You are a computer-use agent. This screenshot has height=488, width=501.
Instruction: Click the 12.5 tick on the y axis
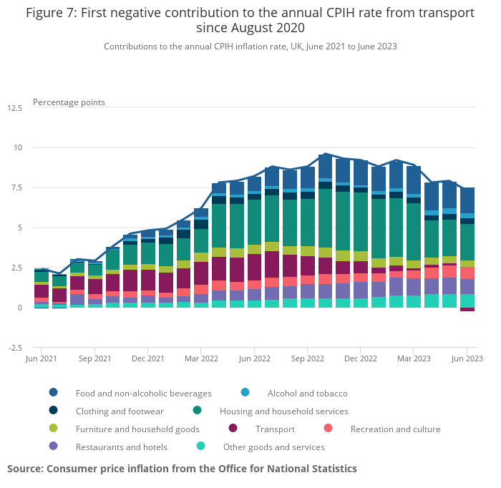[x=14, y=108]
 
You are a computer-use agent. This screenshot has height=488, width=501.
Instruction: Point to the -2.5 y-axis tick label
[x=14, y=348]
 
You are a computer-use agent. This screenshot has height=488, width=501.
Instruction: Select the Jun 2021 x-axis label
[x=42, y=358]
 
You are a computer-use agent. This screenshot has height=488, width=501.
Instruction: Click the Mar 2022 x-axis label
[x=200, y=358]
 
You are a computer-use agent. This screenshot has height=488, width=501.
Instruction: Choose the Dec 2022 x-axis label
[x=360, y=358]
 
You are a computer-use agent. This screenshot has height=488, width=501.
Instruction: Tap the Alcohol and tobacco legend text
[x=307, y=393]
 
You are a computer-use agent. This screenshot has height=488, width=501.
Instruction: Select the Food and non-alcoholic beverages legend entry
[x=143, y=393]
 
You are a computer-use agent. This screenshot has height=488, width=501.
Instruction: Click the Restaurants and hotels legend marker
[x=54, y=447]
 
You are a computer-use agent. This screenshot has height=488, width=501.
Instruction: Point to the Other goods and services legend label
[x=273, y=447]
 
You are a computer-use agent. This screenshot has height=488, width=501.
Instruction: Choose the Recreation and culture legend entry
[x=395, y=429]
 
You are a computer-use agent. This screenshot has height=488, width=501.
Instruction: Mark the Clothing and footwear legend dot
[x=54, y=411]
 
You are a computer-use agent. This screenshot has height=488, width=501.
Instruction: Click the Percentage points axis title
[x=69, y=102]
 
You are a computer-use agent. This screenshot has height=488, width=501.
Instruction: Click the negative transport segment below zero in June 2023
[x=467, y=310]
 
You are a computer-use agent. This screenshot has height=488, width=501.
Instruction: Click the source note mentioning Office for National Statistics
[x=182, y=469]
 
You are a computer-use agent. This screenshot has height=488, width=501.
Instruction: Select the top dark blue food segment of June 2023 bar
[x=467, y=200]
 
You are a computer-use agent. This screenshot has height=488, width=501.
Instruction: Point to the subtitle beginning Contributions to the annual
[x=250, y=47]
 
